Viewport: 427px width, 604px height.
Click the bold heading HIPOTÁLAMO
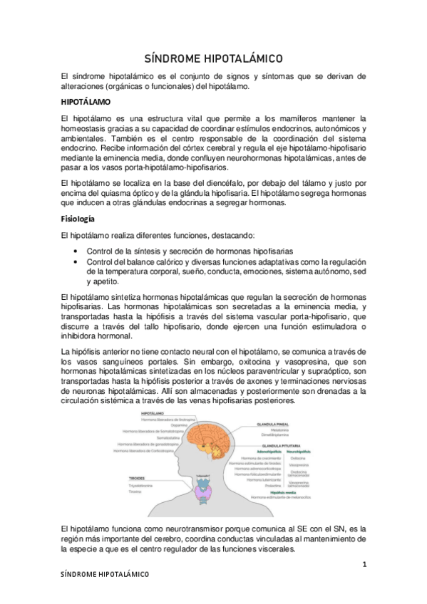86,102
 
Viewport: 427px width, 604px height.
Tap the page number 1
364,564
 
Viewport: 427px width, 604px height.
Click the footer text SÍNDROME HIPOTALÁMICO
104,573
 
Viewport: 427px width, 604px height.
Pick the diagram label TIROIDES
138,477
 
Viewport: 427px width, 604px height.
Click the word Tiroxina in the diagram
136,491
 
